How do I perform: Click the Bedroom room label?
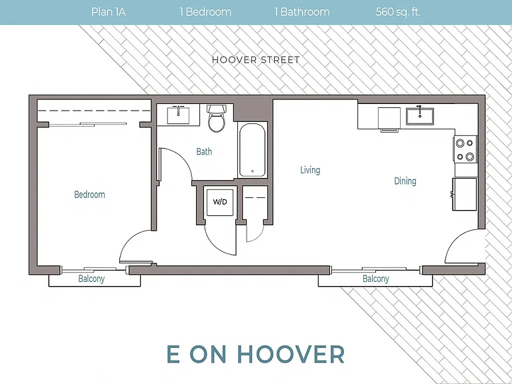click(89, 195)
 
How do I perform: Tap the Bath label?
click(204, 151)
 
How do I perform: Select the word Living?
click(310, 170)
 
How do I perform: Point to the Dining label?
click(405, 181)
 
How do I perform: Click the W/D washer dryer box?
click(220, 203)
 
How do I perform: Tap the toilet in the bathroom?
click(216, 118)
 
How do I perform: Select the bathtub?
click(252, 150)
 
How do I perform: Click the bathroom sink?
click(178, 115)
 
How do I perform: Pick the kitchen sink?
click(420, 116)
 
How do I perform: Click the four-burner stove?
click(465, 149)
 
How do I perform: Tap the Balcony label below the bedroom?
click(91, 279)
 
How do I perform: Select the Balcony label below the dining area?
click(376, 279)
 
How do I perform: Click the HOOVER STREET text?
click(256, 60)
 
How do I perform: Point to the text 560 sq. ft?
click(398, 12)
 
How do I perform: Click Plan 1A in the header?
click(109, 12)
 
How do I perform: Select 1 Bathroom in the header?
click(302, 12)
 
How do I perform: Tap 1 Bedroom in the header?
click(205, 12)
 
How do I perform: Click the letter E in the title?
click(173, 354)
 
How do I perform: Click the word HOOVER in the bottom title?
click(291, 354)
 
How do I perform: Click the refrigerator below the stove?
click(465, 194)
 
